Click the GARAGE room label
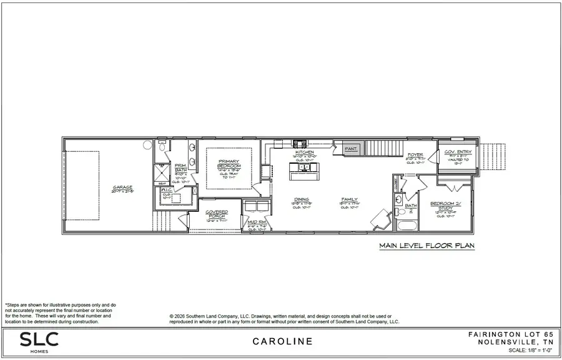click(x=122, y=187)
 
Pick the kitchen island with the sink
click(x=303, y=168)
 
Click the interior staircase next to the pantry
click(x=380, y=149)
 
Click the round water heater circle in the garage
click(x=148, y=145)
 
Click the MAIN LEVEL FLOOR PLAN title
click(x=426, y=247)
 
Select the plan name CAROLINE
click(x=282, y=342)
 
